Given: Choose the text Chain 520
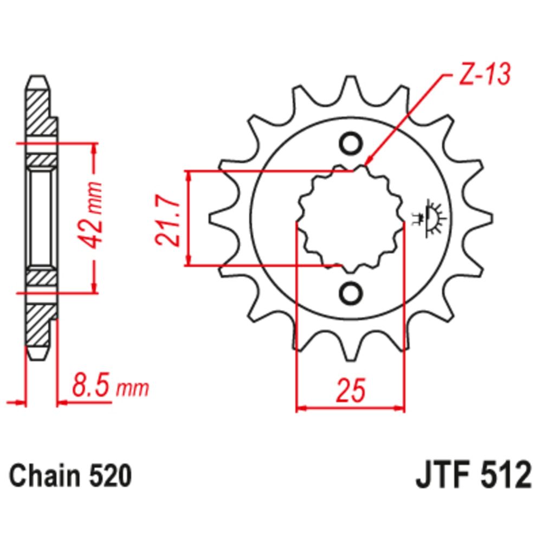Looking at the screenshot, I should pos(70,477).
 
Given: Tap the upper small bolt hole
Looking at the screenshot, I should pos(350,144).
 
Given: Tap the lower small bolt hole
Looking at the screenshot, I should pos(350,293).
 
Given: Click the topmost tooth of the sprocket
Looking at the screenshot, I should pos(350,87).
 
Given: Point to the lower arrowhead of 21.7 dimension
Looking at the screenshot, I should pos(189,261).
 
